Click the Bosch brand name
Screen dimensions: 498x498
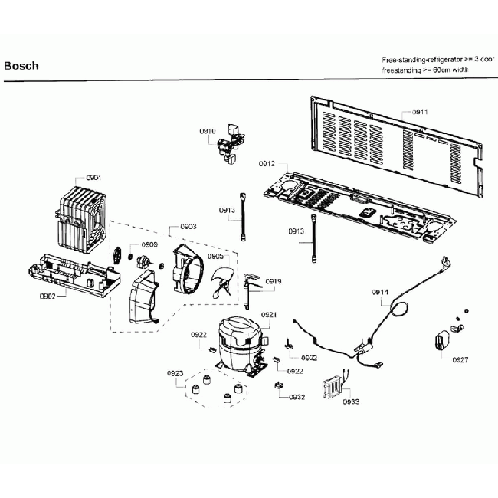coord(21,66)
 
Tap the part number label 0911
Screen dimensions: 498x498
coord(420,112)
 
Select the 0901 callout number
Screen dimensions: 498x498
coord(93,178)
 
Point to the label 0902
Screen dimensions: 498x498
coord(48,295)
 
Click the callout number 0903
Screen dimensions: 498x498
coord(188,227)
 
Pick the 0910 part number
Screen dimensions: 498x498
coord(208,132)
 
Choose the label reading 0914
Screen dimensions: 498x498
coord(381,292)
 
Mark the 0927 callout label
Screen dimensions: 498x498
coord(460,359)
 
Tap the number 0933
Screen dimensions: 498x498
coord(351,401)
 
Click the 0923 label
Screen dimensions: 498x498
coord(175,373)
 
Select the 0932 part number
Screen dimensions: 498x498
coord(297,397)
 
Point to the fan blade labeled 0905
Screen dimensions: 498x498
coord(223,279)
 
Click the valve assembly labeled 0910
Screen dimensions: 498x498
coord(231,146)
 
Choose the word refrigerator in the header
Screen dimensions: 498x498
coord(439,59)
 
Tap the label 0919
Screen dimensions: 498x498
coord(274,281)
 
